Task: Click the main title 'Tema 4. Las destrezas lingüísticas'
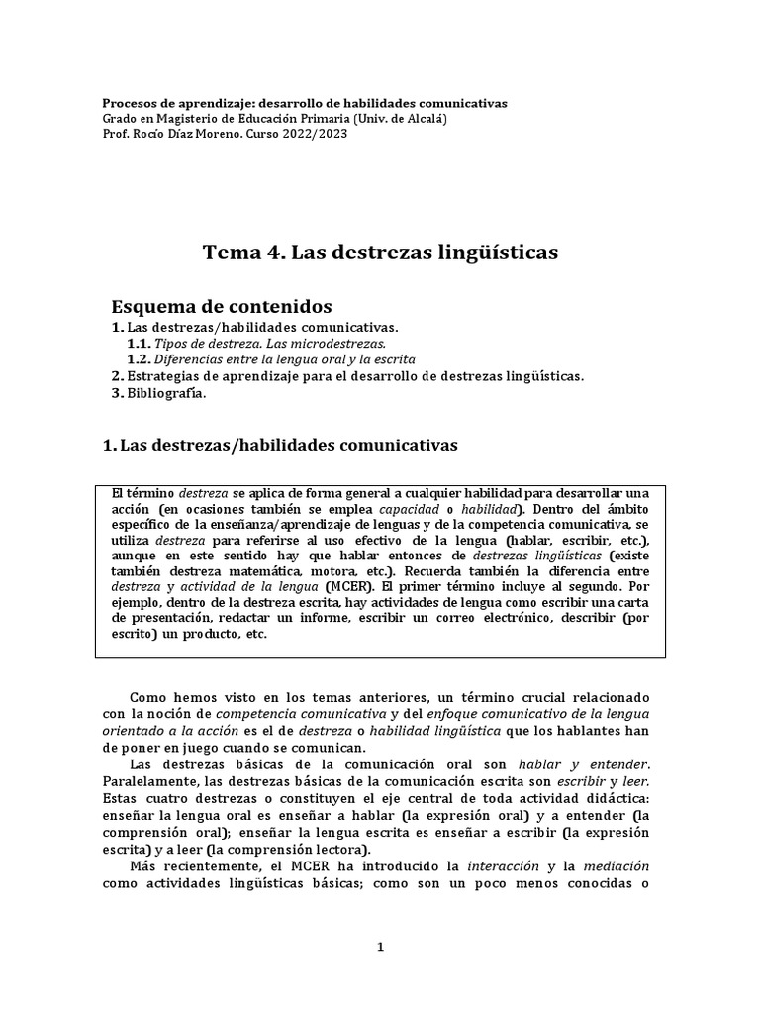tap(380, 253)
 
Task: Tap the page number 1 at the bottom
tap(380, 947)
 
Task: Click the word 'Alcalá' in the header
tap(423, 118)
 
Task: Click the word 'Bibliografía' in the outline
tap(167, 393)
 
